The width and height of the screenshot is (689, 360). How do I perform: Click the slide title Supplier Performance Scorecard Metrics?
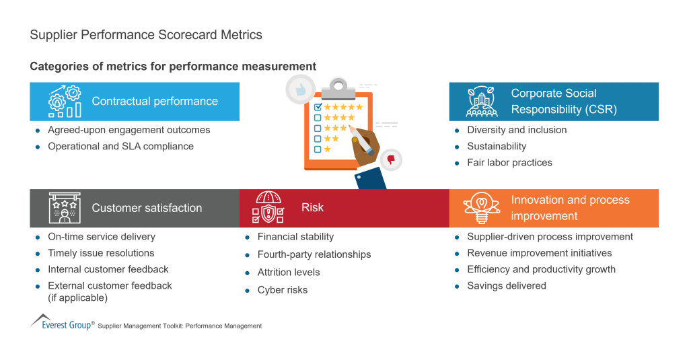[146, 34]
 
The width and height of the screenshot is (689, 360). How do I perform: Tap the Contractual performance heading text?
[155, 102]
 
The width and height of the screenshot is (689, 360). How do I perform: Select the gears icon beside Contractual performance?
[65, 102]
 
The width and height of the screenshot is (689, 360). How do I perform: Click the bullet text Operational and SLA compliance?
[120, 146]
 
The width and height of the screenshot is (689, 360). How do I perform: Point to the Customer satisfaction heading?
[147, 208]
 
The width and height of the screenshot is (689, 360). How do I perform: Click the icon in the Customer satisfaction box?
[65, 208]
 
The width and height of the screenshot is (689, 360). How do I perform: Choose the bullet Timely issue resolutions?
[101, 253]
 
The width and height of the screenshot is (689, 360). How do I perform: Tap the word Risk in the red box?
[312, 208]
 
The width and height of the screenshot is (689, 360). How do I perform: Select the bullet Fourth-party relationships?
[314, 254]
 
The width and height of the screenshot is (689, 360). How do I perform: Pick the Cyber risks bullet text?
[283, 290]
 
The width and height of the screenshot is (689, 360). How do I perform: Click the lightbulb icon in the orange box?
[484, 208]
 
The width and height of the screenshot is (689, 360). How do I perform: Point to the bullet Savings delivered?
[507, 285]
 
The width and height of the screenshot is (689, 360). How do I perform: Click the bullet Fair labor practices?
[509, 162]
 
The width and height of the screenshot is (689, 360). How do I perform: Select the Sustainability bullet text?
[497, 146]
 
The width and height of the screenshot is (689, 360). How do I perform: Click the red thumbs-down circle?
[390, 159]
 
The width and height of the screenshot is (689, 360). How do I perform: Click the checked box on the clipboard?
[318, 106]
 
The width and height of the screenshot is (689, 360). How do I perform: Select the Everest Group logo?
[62, 322]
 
